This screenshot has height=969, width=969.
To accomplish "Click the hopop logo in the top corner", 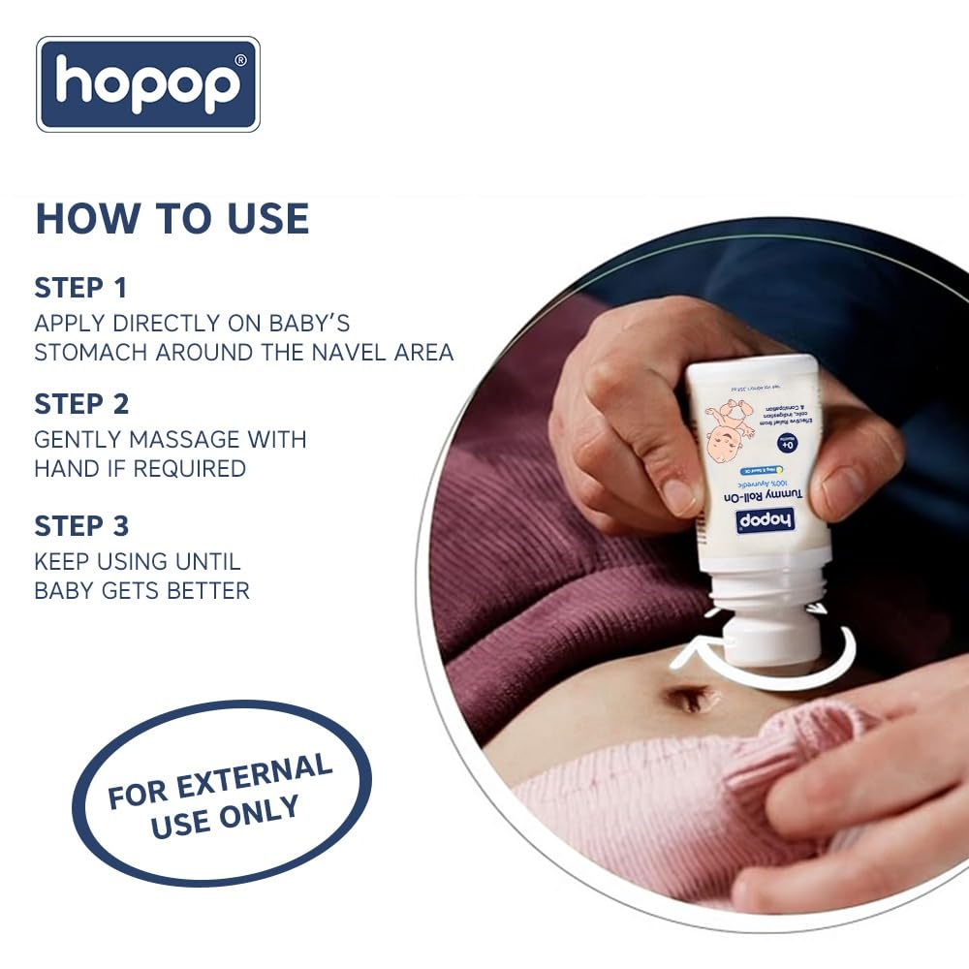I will (x=148, y=84).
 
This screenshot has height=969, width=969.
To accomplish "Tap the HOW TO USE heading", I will (x=172, y=219).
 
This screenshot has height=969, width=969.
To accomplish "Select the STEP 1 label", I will (x=80, y=288).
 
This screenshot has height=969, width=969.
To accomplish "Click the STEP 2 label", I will (x=81, y=403).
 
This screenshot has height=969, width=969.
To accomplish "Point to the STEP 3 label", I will (x=81, y=526).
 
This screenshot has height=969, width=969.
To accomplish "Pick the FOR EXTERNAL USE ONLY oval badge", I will (x=221, y=793).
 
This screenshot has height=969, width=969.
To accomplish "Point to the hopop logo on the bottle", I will (x=765, y=520).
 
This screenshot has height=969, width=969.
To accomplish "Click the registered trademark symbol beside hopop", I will (x=240, y=59).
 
